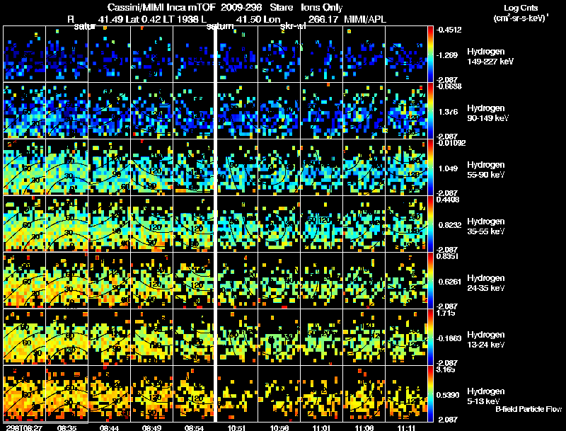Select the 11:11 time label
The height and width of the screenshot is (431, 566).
coord(405,427)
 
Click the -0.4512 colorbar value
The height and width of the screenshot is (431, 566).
coord(451,30)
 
